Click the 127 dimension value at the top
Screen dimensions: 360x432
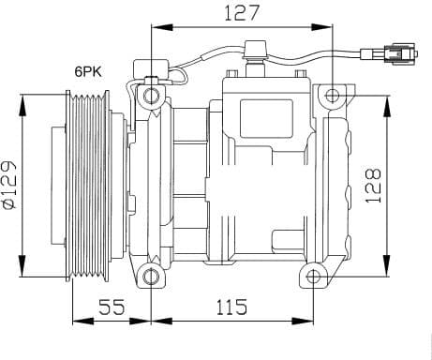(241, 13)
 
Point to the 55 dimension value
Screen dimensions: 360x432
(112, 307)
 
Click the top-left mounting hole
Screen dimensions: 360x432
(151, 95)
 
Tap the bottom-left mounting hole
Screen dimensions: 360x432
(151, 276)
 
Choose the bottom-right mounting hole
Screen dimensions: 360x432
(312, 276)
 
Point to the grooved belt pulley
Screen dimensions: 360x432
(85, 183)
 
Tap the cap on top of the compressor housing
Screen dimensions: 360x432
(253, 49)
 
